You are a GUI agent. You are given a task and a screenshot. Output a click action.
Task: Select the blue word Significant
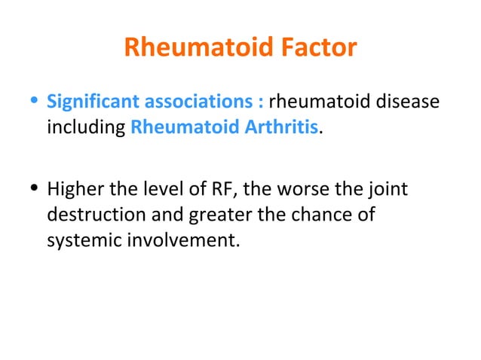[88, 100]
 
